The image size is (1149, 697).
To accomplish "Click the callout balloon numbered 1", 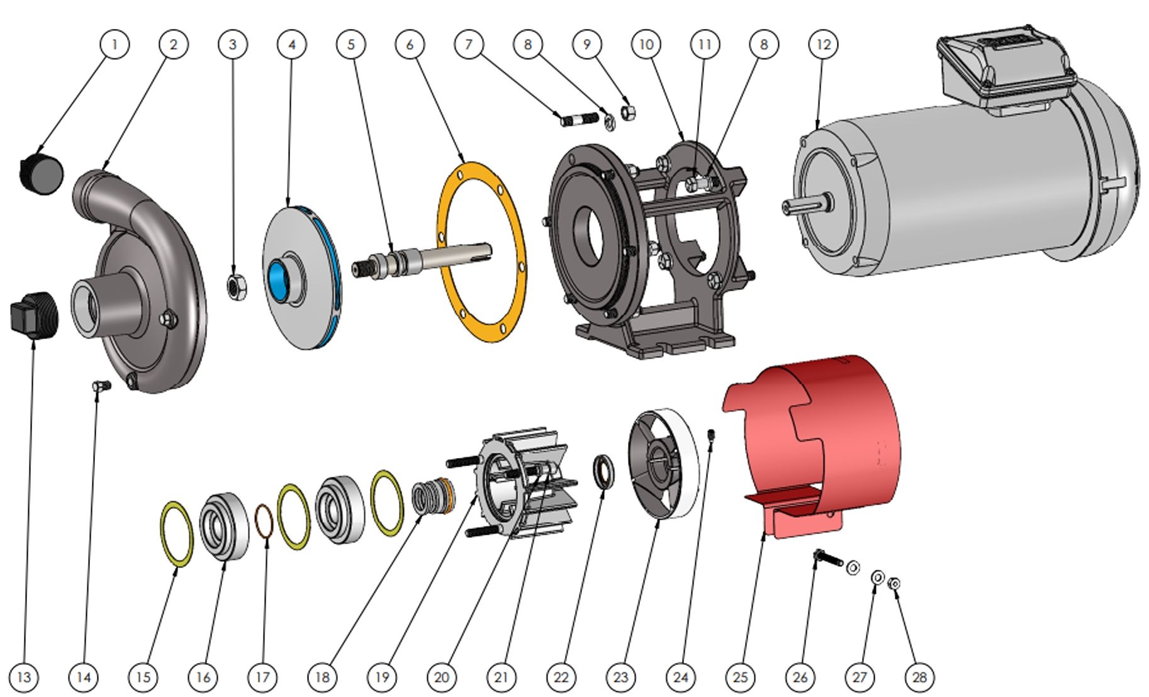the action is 115,44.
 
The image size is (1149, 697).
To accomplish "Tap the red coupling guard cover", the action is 812,440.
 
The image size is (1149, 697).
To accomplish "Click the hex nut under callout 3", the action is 236,287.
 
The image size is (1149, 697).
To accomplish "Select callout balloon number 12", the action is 823,44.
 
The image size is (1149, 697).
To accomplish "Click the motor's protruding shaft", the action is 807,206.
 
